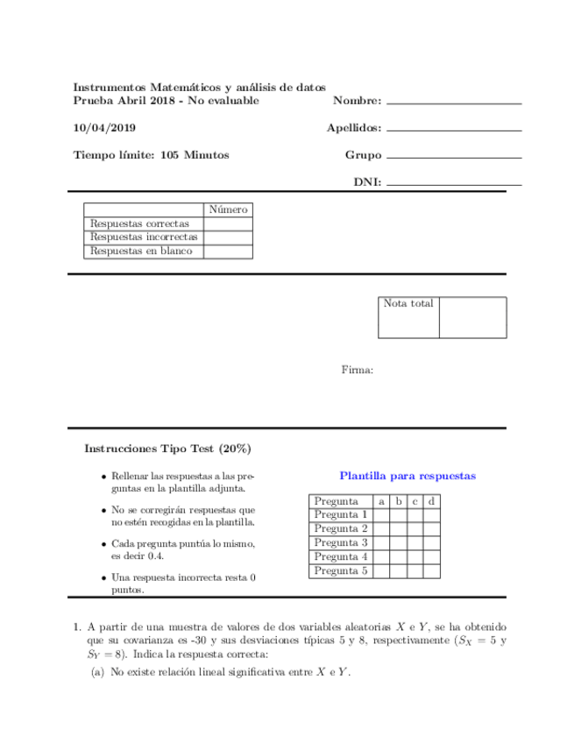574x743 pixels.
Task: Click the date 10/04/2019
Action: [x=103, y=128]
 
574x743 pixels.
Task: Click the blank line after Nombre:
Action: [x=453, y=103]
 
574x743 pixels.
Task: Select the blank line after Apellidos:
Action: [x=453, y=130]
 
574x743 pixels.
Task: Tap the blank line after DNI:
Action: [x=453, y=184]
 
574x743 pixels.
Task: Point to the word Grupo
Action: [x=363, y=155]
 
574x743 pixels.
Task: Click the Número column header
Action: [x=228, y=210]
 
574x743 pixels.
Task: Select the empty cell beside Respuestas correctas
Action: [x=228, y=224]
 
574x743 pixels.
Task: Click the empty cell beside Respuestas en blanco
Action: [x=228, y=251]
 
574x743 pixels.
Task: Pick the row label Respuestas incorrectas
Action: [x=144, y=237]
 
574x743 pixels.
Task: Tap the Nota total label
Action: [x=408, y=304]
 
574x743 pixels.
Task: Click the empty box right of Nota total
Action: [x=472, y=317]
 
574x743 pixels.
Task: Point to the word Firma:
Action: [x=358, y=371]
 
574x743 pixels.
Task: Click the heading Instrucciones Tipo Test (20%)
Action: [x=167, y=448]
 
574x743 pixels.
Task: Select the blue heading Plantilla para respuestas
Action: [x=407, y=476]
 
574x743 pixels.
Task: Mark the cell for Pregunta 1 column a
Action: [x=380, y=515]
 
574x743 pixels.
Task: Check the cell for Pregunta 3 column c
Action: [x=415, y=543]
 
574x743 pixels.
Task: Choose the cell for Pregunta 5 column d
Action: [x=431, y=571]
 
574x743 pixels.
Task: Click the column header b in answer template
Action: [x=397, y=501]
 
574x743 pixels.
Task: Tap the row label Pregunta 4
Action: [x=340, y=557]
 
